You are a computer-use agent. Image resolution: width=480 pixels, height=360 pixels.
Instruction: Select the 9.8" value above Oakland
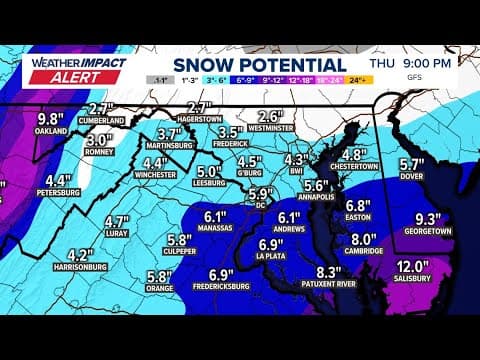pyautogui.click(x=49, y=116)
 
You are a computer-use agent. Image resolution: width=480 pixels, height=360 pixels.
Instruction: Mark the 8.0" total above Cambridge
pyautogui.click(x=363, y=239)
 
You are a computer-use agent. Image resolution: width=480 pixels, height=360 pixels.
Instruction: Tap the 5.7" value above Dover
pyautogui.click(x=412, y=165)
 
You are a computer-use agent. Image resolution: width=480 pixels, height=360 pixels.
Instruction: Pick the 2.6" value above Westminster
pyautogui.click(x=270, y=115)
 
